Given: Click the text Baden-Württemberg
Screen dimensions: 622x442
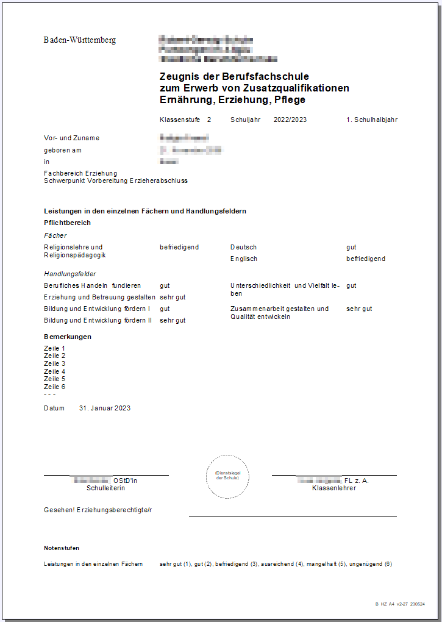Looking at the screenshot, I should click(80, 40).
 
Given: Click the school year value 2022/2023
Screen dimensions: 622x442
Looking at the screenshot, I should click(290, 120).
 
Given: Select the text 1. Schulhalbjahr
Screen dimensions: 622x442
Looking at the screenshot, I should click(372, 120).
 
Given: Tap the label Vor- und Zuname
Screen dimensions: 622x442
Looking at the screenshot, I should click(71, 138).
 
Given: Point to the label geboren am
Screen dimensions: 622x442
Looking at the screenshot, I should click(63, 150).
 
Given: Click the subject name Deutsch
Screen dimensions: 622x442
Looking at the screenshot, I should click(243, 247).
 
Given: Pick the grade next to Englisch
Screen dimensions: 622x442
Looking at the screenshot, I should click(366, 259).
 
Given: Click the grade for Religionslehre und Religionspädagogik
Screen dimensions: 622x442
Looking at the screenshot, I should click(179, 247).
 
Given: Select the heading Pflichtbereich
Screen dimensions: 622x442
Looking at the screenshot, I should click(68, 223).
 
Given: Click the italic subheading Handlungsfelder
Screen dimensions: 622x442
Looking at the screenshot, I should click(70, 274).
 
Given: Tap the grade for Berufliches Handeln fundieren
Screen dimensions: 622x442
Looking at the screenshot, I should click(165, 285).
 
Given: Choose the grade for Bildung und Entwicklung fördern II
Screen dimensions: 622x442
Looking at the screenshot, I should click(173, 320).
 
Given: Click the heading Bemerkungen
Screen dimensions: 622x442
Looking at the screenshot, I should click(68, 337).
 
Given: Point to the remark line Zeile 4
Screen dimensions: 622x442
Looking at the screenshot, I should click(54, 371).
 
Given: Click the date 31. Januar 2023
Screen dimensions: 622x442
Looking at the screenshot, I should click(105, 408).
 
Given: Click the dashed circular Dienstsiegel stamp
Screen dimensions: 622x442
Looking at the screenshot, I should click(227, 476).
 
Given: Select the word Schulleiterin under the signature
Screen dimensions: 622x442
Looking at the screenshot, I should click(106, 488).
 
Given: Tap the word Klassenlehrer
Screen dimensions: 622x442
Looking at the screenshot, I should click(334, 488).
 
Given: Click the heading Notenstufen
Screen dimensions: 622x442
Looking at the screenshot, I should click(62, 548).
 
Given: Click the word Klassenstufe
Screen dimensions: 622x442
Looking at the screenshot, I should click(180, 120).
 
